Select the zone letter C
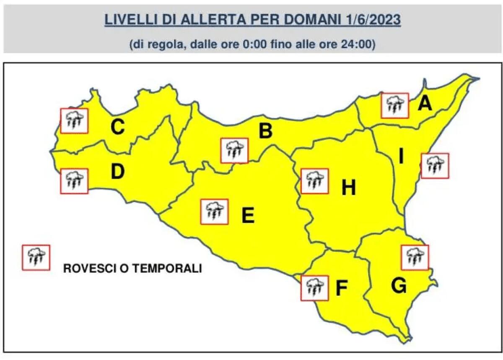(117, 127)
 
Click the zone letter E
(248, 216)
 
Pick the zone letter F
(342, 288)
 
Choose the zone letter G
(399, 286)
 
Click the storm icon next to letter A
(394, 106)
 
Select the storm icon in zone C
(74, 121)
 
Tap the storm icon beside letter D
(74, 181)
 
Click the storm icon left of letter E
(215, 212)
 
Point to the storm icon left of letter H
(314, 181)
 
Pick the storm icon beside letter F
(314, 288)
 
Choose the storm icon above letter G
(415, 257)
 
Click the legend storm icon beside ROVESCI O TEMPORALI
(36, 257)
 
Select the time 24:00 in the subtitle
(357, 44)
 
